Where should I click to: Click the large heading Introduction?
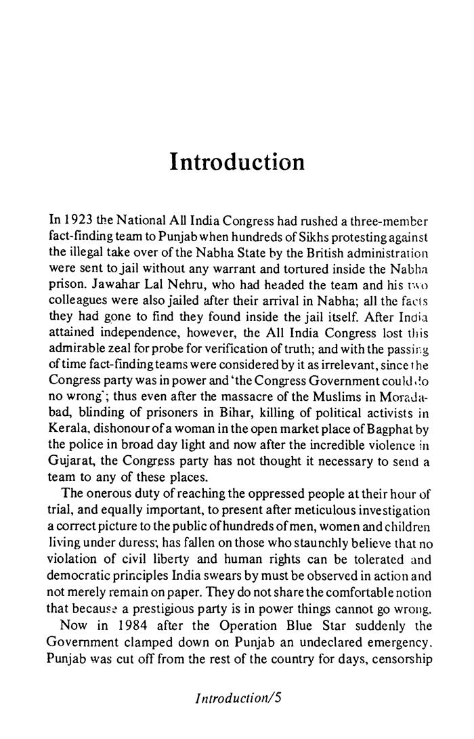237,163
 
